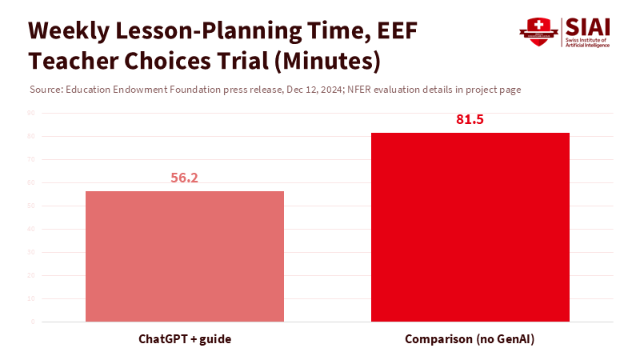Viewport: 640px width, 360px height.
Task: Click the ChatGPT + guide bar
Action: click(184, 256)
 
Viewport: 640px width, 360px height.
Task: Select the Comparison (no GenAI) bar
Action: click(470, 227)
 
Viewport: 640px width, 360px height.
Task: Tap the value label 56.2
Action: click(184, 178)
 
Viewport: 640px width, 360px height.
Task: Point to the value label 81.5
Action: click(470, 120)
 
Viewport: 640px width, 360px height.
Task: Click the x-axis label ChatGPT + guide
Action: click(185, 340)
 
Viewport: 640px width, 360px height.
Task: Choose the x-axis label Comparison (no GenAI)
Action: click(470, 340)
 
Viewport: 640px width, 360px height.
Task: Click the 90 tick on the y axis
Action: click(31, 113)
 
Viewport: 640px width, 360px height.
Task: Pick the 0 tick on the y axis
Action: click(33, 322)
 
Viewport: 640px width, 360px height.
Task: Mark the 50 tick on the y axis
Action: click(31, 206)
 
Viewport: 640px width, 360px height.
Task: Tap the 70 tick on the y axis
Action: click(31, 159)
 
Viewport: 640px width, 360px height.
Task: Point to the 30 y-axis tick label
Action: click(31, 252)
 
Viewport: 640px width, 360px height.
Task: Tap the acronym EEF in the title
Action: click(395, 31)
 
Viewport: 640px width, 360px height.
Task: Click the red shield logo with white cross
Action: click(538, 32)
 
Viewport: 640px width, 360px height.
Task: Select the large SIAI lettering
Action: click(588, 26)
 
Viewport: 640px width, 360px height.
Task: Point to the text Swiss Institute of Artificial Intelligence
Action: click(588, 42)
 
